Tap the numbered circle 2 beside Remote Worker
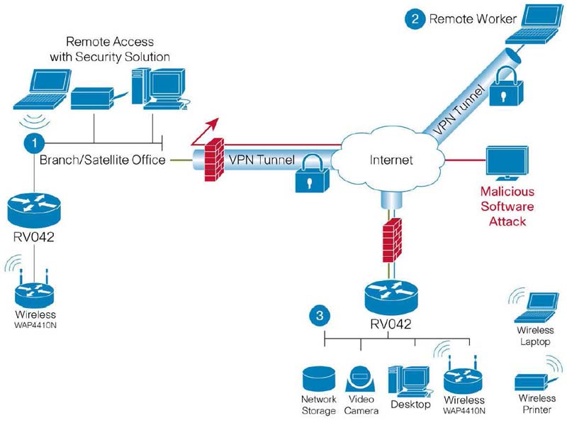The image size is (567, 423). point(414,18)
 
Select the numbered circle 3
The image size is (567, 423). point(321,314)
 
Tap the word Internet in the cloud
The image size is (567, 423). point(391,160)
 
